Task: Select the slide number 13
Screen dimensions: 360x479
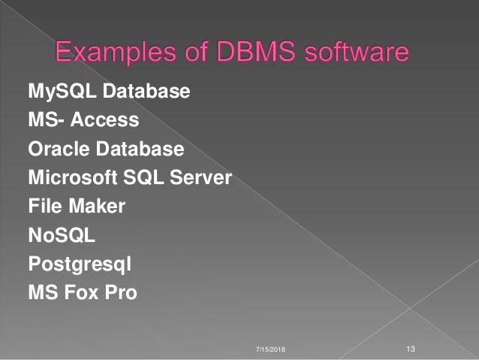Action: click(x=410, y=349)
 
